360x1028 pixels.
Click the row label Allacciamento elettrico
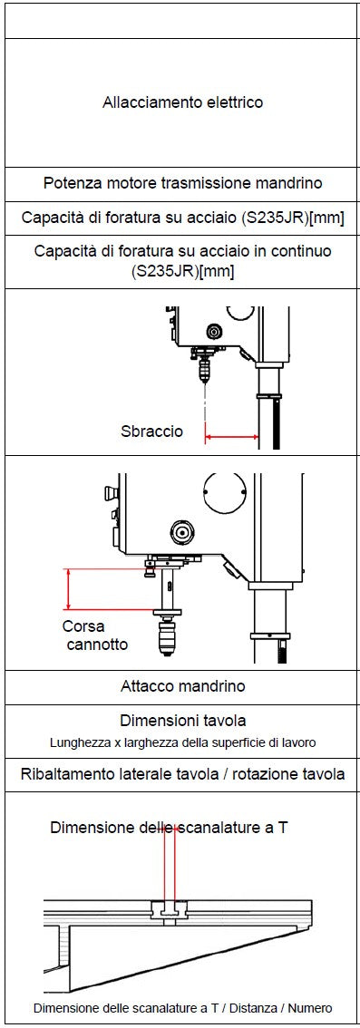(183, 103)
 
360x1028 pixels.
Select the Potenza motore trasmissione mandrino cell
(183, 183)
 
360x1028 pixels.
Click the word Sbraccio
(152, 432)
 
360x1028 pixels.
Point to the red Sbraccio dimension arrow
(231, 436)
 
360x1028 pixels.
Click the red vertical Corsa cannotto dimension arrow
(68, 589)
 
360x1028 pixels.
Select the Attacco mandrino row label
(183, 686)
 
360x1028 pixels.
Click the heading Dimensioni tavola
(183, 721)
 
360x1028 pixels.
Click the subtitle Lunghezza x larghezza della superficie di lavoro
(183, 743)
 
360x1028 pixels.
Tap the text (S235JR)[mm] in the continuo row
(183, 271)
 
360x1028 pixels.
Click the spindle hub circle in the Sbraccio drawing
(211, 329)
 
